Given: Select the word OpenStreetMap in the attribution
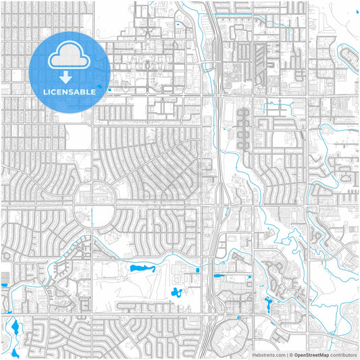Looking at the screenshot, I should point(311,354).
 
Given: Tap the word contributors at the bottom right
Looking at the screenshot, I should point(344,354).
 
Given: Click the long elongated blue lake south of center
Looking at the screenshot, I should point(141,269).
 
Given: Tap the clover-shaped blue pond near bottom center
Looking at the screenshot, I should point(177,292).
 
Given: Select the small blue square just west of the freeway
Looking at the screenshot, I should point(197,270).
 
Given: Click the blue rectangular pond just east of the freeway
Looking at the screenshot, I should point(219,276).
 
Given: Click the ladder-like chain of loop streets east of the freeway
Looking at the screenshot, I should point(242,128).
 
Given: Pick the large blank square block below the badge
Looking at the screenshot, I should point(78,137).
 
